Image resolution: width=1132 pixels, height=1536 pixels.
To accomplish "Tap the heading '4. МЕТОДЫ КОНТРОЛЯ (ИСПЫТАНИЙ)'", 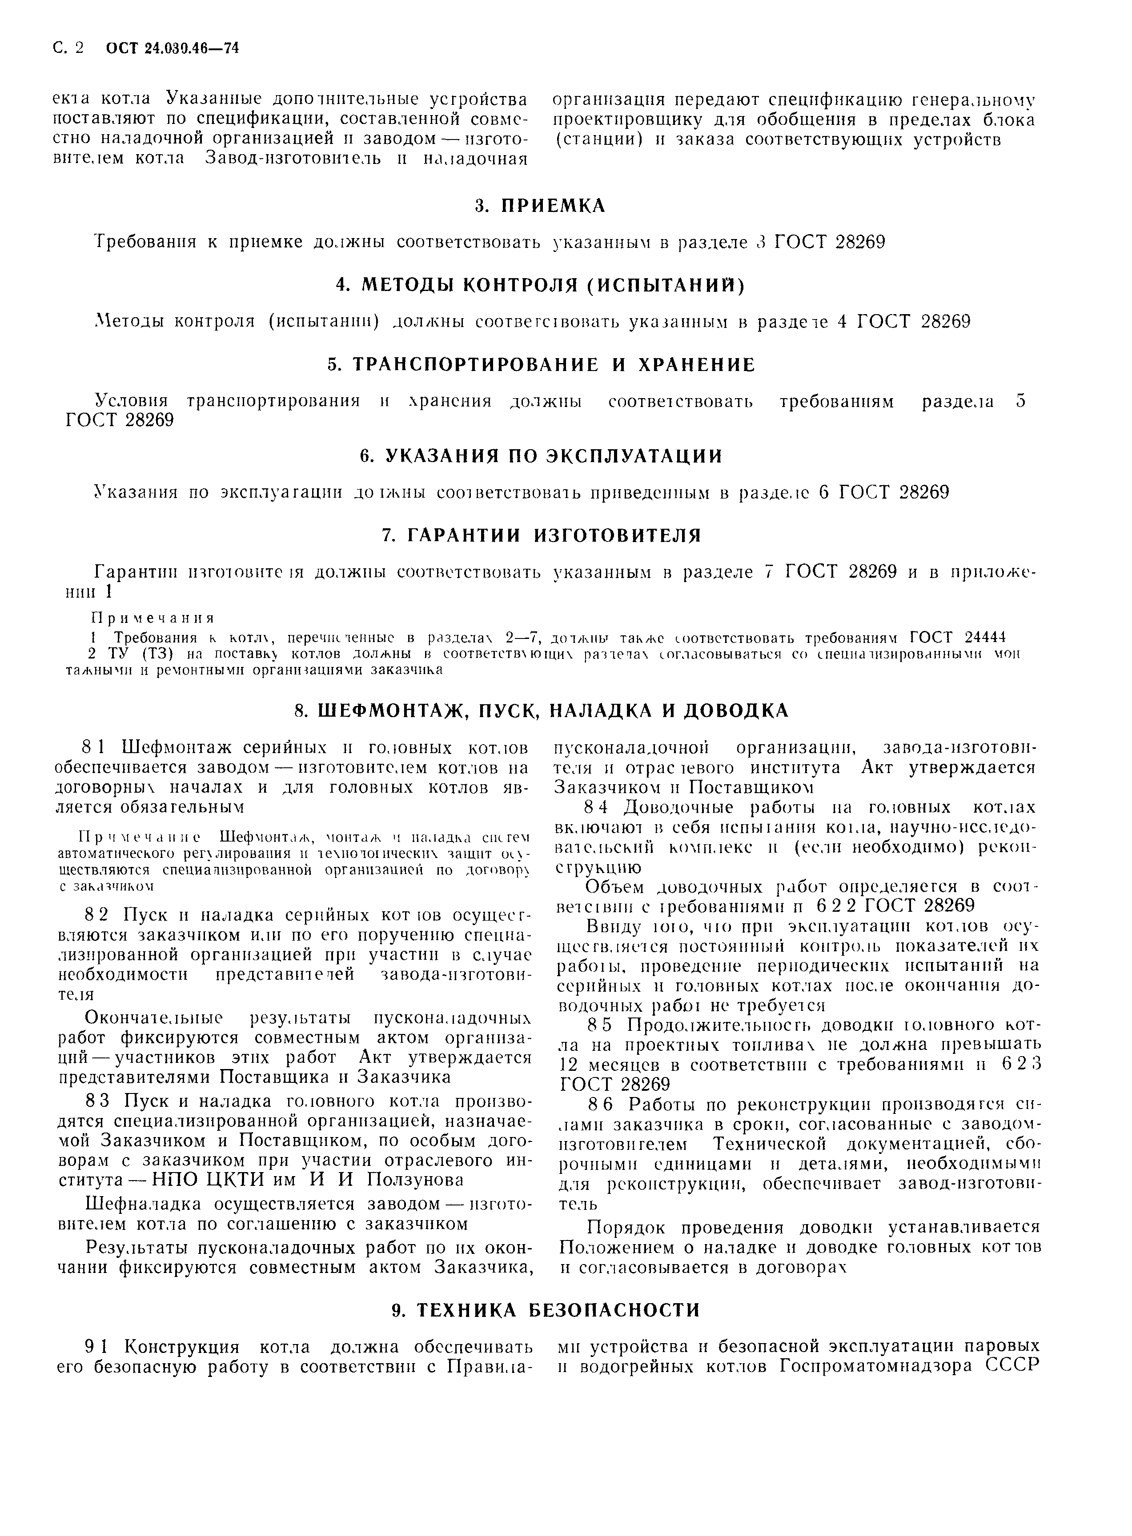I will tap(541, 285).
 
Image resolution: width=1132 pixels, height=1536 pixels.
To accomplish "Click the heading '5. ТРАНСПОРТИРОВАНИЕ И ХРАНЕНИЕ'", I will tap(541, 364).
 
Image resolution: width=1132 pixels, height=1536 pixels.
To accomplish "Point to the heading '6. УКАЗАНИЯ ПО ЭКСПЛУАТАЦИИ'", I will tap(541, 455).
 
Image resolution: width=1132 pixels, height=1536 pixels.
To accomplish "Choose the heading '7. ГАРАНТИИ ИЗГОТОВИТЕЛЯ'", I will tap(541, 535).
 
